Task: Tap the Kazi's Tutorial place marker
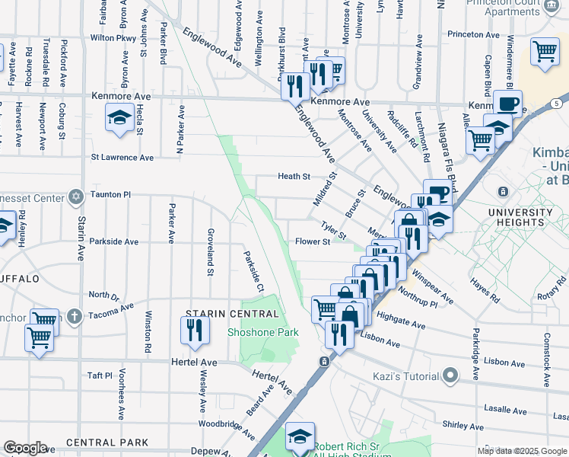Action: coord(450,375)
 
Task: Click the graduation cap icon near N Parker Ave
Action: coord(119,117)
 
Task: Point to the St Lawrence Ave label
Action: coord(122,158)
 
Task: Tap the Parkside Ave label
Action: coord(113,242)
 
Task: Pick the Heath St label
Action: coord(294,176)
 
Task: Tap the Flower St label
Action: coord(312,242)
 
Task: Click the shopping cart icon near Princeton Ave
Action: coord(545,51)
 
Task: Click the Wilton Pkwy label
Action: coord(113,37)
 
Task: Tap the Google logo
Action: coord(25,448)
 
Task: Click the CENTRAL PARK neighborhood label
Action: coord(106,442)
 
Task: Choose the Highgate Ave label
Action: coord(400,320)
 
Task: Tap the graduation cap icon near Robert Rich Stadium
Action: coord(300,436)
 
